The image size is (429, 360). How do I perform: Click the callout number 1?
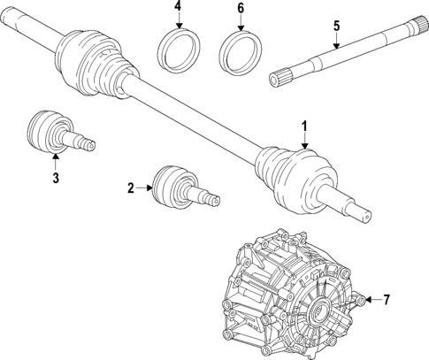[305, 126]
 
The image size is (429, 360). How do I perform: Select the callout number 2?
[130, 188]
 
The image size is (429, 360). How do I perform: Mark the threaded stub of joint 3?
[83, 142]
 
